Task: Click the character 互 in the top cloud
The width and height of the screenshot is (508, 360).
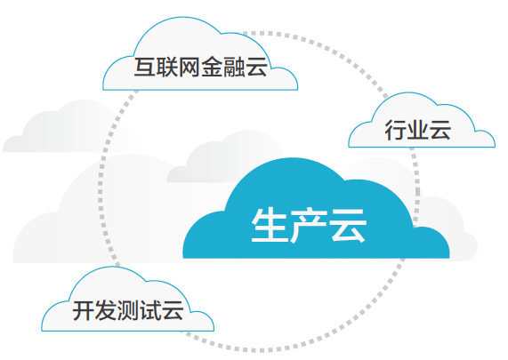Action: pos(145,67)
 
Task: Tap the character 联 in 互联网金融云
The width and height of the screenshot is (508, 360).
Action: pos(167,67)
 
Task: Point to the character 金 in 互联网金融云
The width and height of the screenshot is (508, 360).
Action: pos(212,67)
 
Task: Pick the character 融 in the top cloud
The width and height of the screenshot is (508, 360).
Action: pos(234,67)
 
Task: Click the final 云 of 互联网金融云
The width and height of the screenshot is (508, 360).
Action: pos(256,67)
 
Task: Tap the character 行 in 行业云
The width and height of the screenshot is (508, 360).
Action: pos(396,130)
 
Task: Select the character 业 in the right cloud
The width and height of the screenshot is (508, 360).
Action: pos(418,130)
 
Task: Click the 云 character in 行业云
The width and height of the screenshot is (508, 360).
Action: pos(440,130)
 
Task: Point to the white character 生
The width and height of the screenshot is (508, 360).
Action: pos(270,225)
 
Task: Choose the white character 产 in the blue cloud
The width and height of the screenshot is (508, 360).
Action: pos(309,225)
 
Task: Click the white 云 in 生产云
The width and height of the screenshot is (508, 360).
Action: pos(348,225)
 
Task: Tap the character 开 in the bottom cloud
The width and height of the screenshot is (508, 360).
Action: pos(84,310)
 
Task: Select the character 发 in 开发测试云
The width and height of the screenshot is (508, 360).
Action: pos(106,310)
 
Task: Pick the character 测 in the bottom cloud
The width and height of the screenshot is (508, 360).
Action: pos(128,310)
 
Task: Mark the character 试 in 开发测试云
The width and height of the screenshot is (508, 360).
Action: pos(150,310)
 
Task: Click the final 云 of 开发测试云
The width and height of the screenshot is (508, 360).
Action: pos(173,310)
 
